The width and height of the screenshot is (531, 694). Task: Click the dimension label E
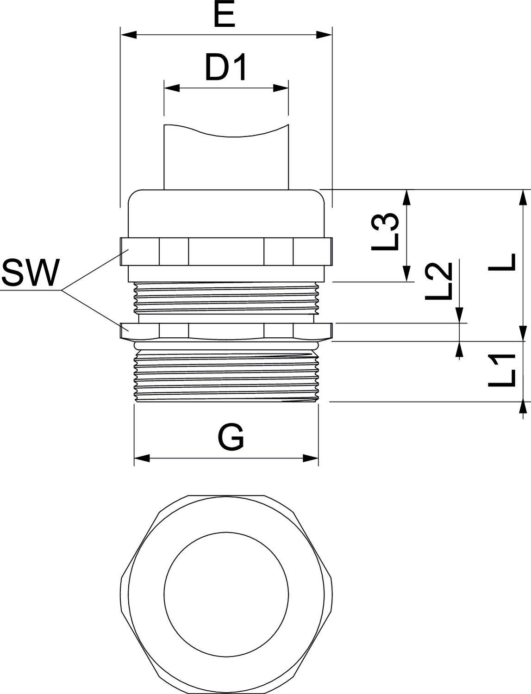pos(225,17)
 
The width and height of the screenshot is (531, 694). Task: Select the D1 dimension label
pos(226,68)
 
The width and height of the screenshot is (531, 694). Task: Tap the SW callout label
pos(31,273)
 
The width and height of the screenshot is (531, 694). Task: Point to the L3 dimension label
pos(385,231)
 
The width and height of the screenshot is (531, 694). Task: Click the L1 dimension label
pos(502,371)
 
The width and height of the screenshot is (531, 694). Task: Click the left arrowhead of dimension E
pos(128,35)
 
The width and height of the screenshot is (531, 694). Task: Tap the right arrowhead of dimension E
pos(325,35)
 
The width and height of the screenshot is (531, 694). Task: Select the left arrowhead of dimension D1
pos(172,87)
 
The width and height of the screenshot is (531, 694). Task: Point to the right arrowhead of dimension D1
pos(281,87)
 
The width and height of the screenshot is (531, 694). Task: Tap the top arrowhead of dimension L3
pos(407,197)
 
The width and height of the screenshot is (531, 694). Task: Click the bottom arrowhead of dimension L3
pos(407,274)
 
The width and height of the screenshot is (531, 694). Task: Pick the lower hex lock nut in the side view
pos(226,330)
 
